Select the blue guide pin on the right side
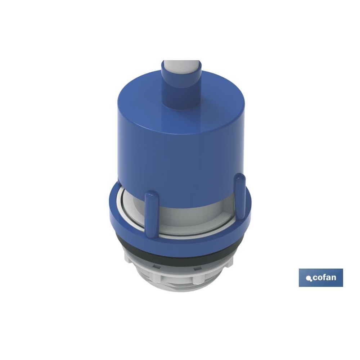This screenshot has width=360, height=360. (240, 197)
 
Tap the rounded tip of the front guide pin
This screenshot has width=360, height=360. (152, 194)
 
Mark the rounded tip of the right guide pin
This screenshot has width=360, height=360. (240, 177)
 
